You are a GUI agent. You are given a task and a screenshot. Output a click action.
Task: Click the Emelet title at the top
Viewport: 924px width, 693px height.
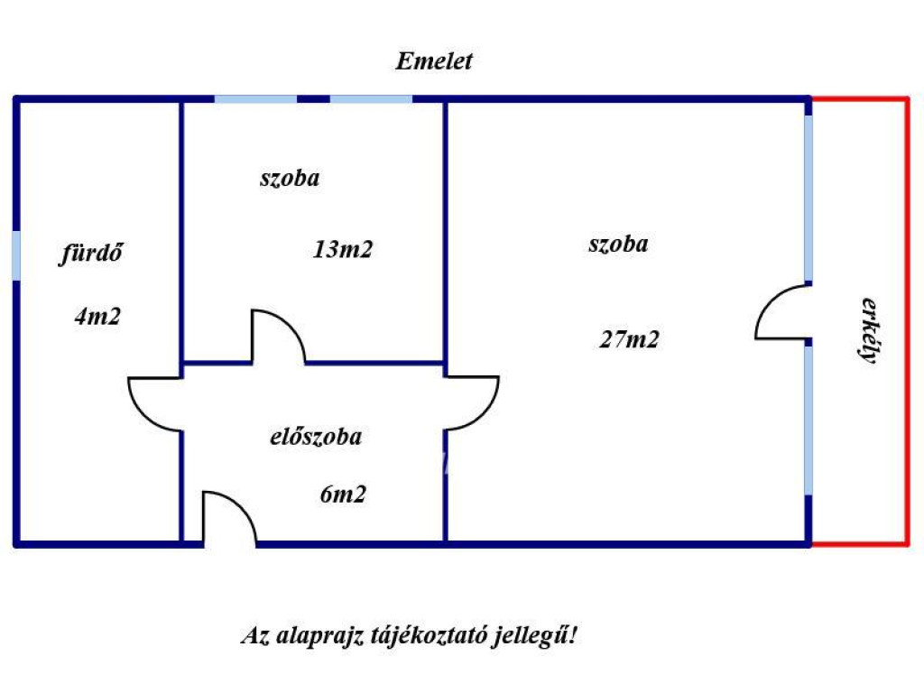434,61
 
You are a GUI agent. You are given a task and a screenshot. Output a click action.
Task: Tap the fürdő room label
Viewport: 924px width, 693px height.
91,254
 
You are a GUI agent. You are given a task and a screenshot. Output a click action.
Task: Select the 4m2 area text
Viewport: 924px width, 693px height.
97,317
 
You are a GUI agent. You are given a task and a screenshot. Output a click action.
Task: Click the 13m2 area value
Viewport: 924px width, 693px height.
342,249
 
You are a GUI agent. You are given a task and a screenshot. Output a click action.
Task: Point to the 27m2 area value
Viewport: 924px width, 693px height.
629,339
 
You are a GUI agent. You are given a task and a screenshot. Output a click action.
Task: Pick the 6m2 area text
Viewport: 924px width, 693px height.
343,494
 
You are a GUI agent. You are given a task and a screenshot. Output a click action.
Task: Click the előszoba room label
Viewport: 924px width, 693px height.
316,437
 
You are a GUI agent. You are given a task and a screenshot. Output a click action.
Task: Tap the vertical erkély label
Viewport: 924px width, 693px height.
869,330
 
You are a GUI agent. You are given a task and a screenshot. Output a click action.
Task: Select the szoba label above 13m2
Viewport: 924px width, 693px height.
290,178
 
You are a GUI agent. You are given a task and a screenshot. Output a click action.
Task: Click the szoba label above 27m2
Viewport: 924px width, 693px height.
618,244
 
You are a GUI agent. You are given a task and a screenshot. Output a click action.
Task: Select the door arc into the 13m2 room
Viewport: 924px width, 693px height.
291,324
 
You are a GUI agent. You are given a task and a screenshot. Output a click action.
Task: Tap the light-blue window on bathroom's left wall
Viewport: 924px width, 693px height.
16,255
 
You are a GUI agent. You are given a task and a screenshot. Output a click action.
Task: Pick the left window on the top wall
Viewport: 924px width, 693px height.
255,99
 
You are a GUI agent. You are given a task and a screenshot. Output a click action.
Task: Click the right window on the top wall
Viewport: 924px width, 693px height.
371,99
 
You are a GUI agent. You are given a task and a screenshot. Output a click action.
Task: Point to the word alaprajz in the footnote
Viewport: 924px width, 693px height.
319,636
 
